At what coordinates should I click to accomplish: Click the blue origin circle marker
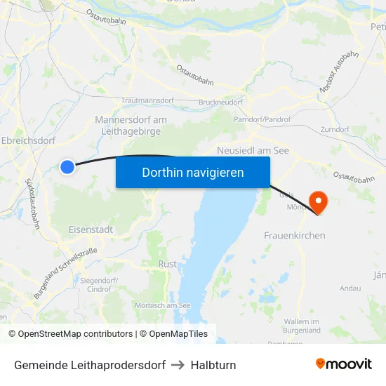(x=67, y=166)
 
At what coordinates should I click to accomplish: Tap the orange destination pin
(x=318, y=202)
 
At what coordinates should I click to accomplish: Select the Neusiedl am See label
(x=253, y=150)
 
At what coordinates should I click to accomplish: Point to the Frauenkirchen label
(x=294, y=236)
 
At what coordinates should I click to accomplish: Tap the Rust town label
(x=168, y=264)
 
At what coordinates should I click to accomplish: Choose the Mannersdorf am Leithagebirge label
(x=131, y=125)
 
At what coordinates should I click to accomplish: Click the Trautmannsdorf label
(x=147, y=101)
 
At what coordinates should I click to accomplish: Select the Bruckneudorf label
(x=220, y=102)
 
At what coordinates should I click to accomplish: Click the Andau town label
(x=350, y=288)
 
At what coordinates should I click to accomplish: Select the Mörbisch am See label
(x=162, y=305)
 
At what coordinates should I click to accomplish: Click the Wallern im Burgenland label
(x=302, y=325)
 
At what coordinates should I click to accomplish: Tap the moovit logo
(x=344, y=364)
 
